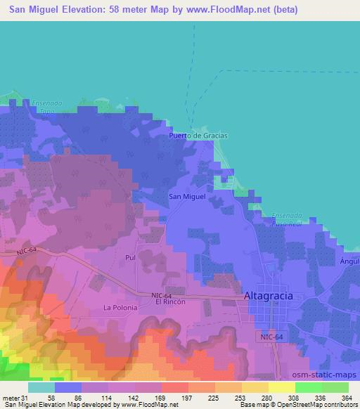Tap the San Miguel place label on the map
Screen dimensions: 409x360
188,197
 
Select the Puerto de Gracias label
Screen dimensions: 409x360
199,136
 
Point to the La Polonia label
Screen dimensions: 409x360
119,308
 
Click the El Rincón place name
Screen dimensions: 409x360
170,301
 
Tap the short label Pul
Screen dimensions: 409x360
129,258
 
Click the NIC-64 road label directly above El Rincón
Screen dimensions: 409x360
161,294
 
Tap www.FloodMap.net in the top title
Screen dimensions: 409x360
233,10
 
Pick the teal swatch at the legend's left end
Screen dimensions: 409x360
41,387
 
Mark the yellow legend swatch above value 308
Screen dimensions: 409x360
281,387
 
